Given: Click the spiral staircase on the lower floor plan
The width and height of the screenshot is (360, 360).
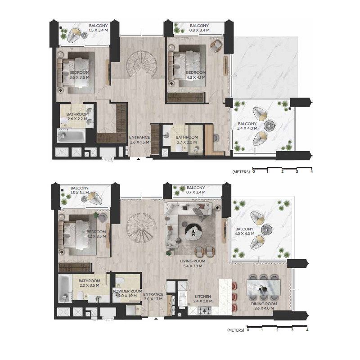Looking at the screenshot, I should (141, 228).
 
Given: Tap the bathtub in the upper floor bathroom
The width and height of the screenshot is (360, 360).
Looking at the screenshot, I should (69, 135).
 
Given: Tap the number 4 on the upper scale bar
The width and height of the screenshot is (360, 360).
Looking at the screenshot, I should (311, 171).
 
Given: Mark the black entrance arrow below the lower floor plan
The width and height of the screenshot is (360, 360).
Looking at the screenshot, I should (156, 319).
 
